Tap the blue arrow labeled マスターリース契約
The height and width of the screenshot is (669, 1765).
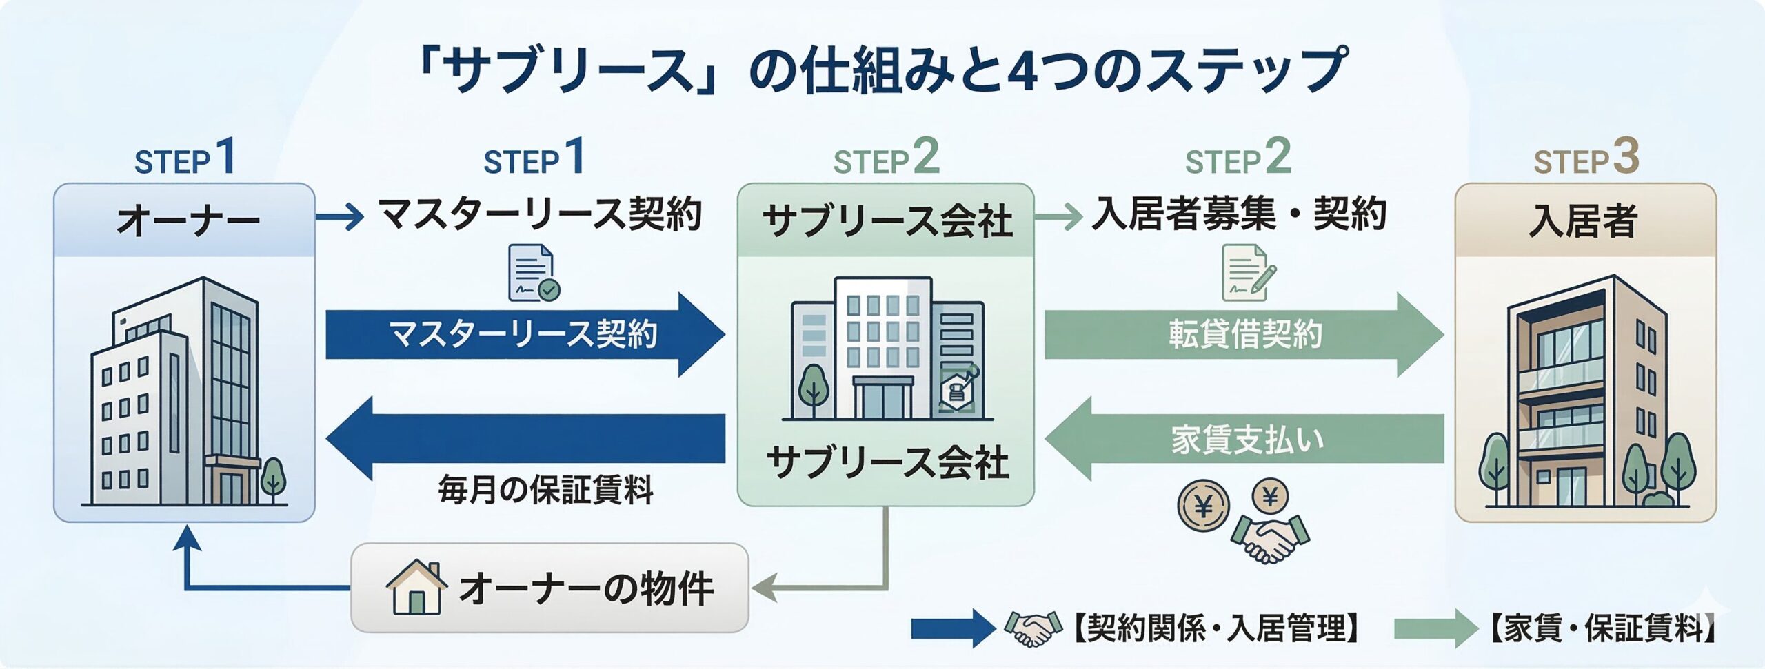pos(524,335)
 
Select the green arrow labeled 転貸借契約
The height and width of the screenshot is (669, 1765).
pos(1244,335)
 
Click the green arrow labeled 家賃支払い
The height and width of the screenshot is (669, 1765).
pos(1244,440)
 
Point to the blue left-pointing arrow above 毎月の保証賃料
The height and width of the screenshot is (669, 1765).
pos(524,439)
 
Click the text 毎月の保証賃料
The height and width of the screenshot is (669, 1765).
pos(545,491)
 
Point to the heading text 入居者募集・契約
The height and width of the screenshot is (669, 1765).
pos(1238,214)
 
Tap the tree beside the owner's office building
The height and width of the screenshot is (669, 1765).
pos(273,479)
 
